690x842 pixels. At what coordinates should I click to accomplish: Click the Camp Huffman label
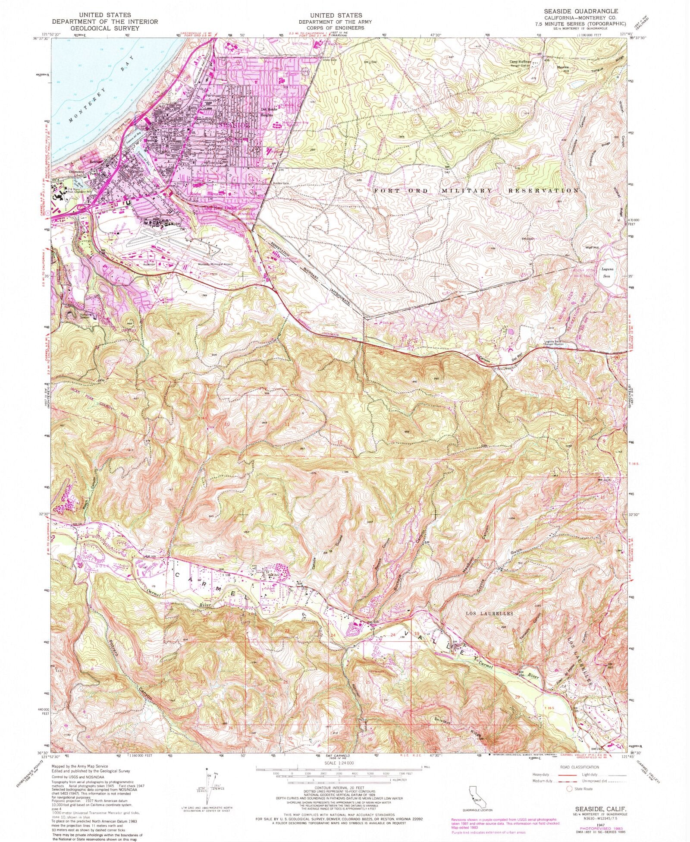click(521, 62)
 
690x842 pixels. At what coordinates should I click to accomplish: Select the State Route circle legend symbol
click(569, 789)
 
